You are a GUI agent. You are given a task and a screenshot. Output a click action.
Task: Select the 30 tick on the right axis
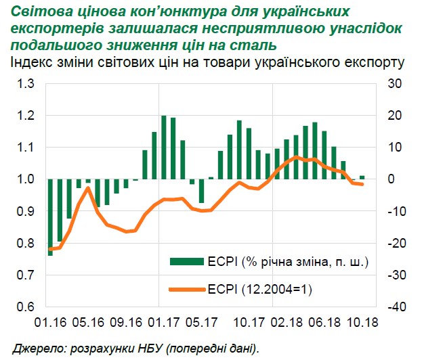pos(392,84)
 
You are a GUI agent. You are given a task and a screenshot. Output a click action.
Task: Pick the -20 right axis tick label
pos(392,243)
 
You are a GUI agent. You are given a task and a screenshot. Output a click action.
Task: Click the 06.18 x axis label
pos(320,324)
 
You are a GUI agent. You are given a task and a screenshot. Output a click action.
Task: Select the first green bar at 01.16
pos(51,217)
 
